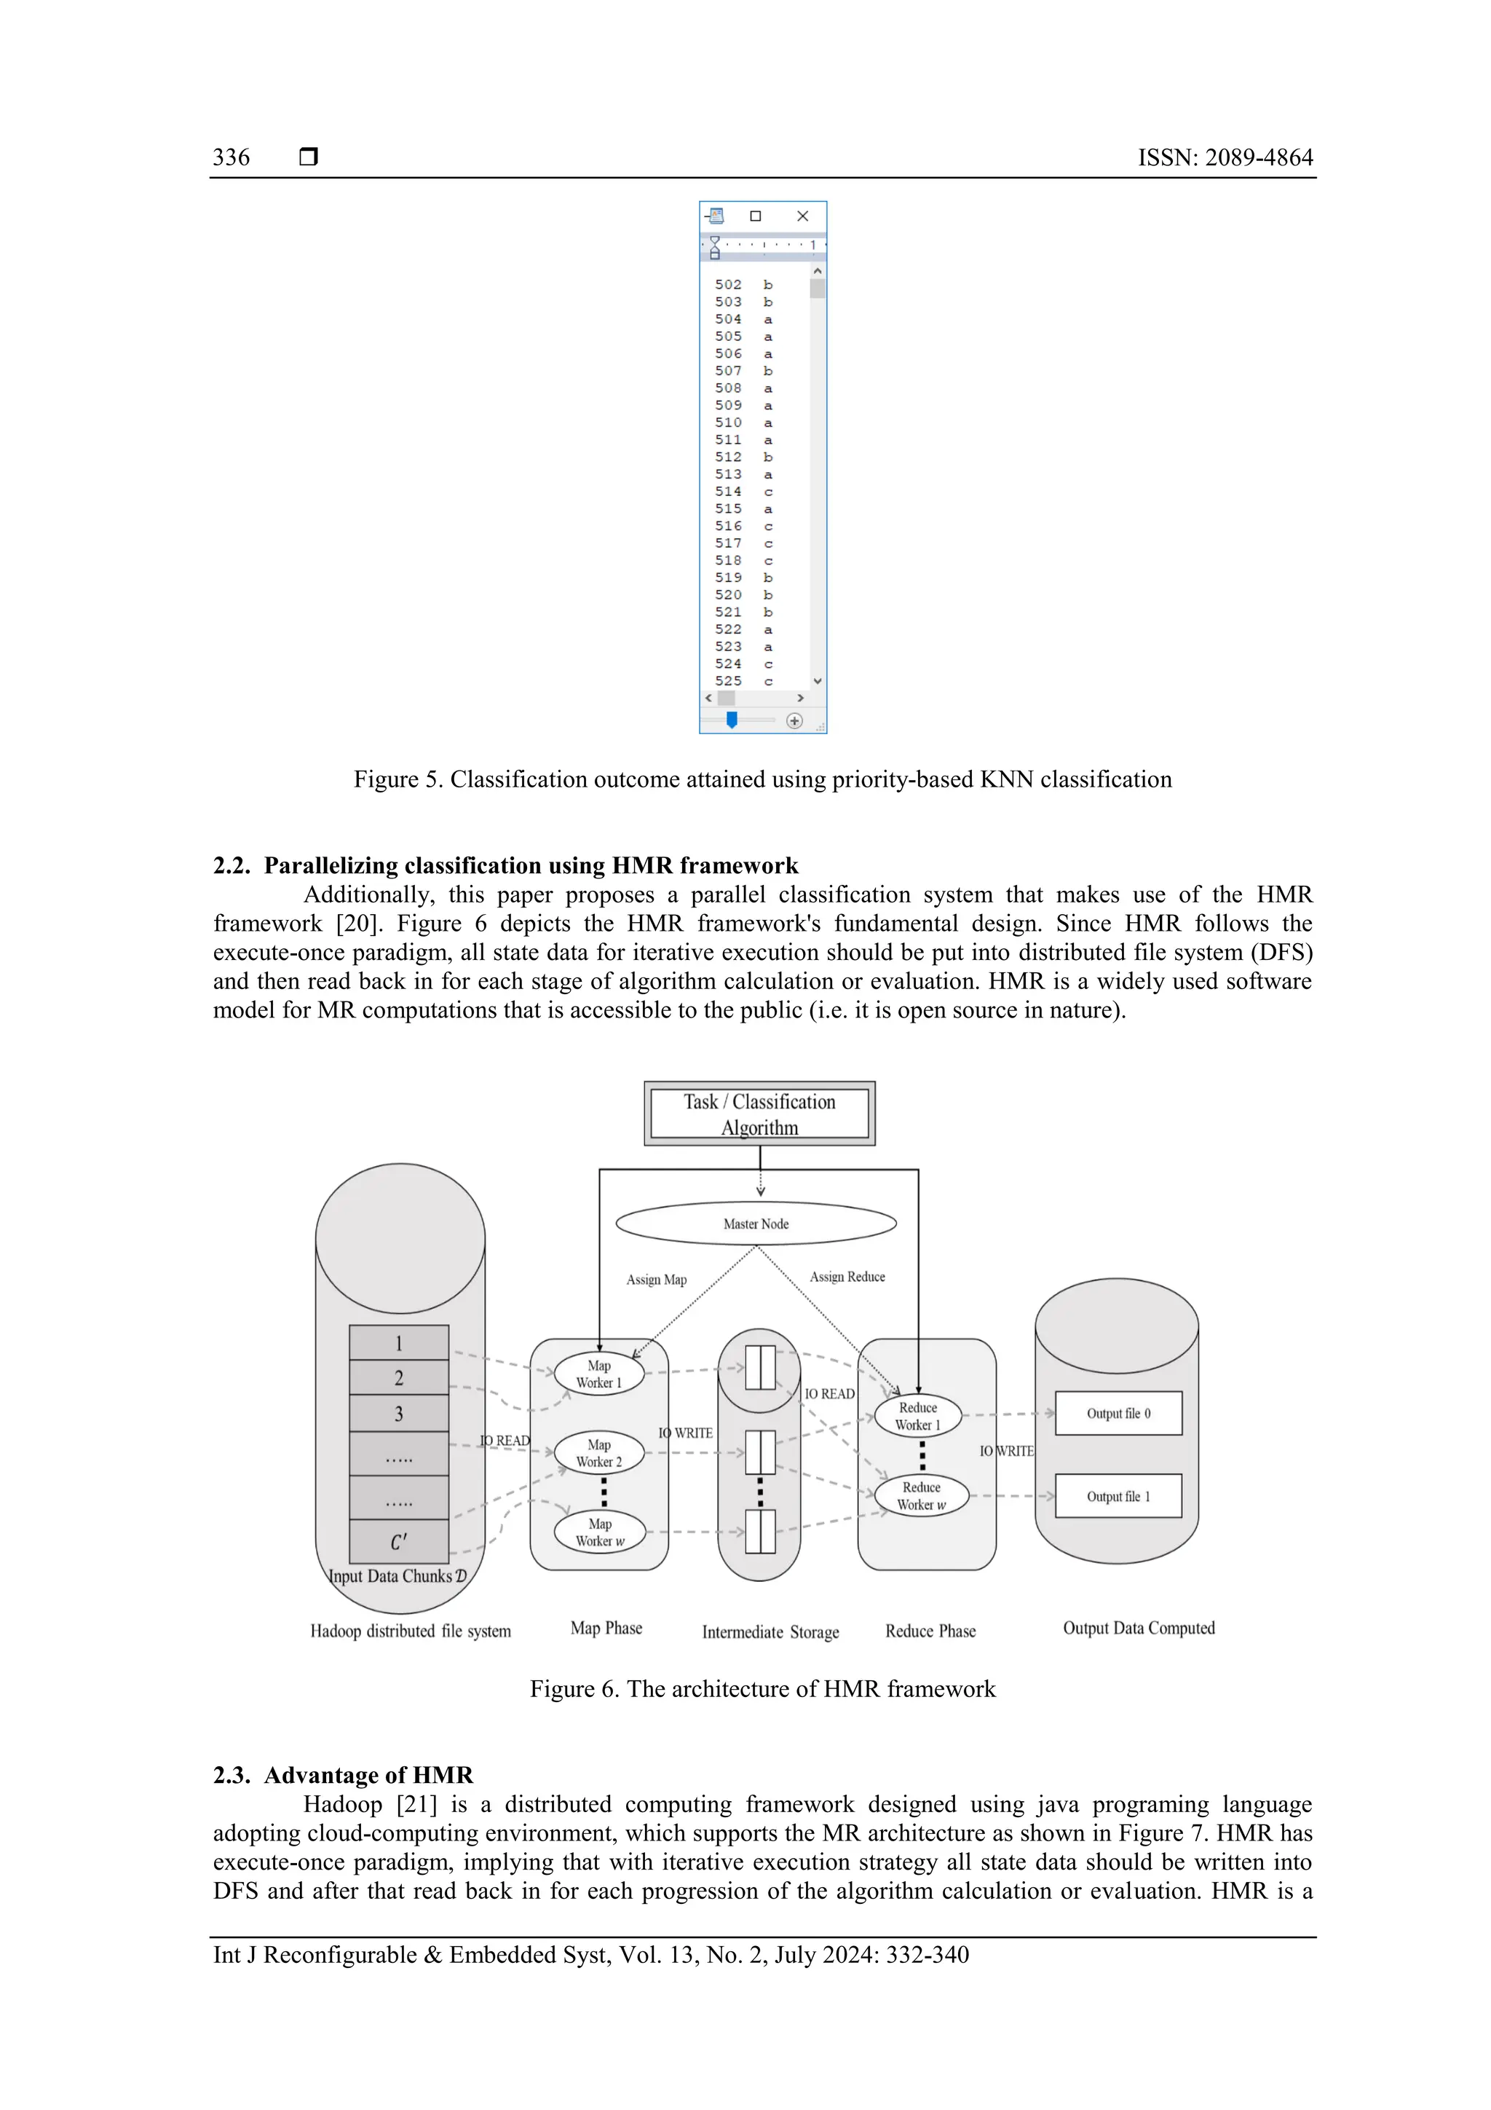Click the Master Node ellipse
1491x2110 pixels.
(755, 1223)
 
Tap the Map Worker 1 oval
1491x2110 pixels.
(599, 1374)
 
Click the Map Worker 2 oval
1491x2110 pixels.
(599, 1453)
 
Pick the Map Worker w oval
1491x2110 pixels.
(599, 1532)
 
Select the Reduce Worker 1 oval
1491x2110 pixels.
(918, 1416)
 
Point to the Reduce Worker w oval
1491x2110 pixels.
(922, 1495)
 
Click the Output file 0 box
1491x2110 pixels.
(1118, 1414)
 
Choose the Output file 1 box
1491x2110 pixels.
(1118, 1496)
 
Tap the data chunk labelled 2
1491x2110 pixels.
(399, 1377)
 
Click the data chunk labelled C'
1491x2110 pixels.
(399, 1541)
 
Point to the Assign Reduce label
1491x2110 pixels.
(847, 1277)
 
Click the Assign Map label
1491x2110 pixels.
(656, 1279)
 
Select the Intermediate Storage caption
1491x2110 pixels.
(770, 1632)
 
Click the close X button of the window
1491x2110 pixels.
(802, 216)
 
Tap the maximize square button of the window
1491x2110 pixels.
(755, 216)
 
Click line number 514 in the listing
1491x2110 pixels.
(727, 492)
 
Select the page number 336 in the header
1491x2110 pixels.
(231, 157)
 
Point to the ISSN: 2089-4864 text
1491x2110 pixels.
(1225, 157)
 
